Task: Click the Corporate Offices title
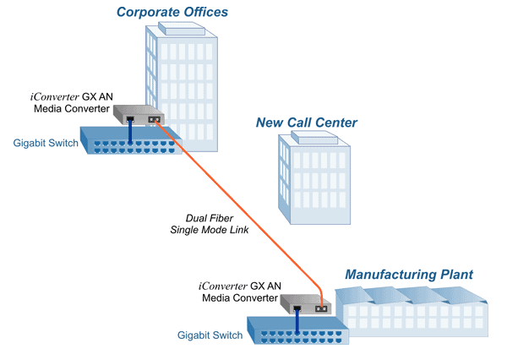pos(172,12)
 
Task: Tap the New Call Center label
pos(306,123)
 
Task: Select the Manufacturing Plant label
pos(408,275)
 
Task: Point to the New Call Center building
pos(314,177)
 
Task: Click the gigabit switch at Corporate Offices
pos(131,145)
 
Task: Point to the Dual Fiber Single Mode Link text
pos(209,224)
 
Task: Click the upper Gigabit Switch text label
pos(46,143)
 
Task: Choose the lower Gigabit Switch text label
pos(210,335)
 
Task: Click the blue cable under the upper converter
pos(130,132)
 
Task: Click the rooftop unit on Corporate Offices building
pos(179,28)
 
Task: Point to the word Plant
pos(455,275)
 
